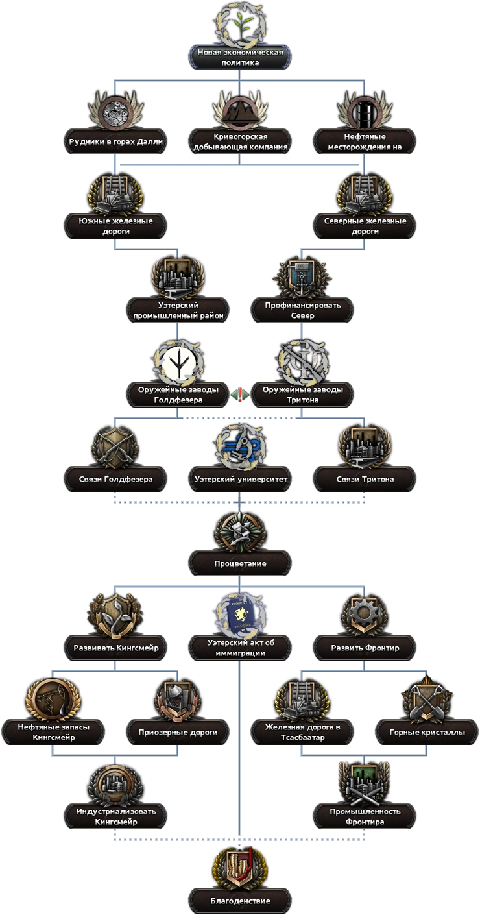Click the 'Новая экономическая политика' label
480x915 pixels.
pyautogui.click(x=239, y=57)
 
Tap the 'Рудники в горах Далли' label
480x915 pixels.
pyautogui.click(x=116, y=141)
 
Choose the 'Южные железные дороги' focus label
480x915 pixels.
pyautogui.click(x=116, y=226)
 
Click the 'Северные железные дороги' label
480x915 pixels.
pyautogui.click(x=365, y=226)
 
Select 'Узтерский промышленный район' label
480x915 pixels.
pyautogui.click(x=178, y=310)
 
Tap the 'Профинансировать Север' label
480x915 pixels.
pyautogui.click(x=302, y=310)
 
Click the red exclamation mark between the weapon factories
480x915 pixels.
pyautogui.click(x=241, y=394)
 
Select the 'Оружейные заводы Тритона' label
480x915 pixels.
pyautogui.click(x=302, y=394)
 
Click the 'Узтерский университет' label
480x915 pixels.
pyautogui.click(x=241, y=479)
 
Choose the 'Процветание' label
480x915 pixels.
pyautogui.click(x=240, y=563)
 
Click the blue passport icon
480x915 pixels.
pyautogui.click(x=240, y=615)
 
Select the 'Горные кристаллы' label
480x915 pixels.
pyautogui.click(x=426, y=732)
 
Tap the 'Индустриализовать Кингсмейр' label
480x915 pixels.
pyautogui.click(x=116, y=816)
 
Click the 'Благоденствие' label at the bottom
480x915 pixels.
pyautogui.click(x=240, y=901)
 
